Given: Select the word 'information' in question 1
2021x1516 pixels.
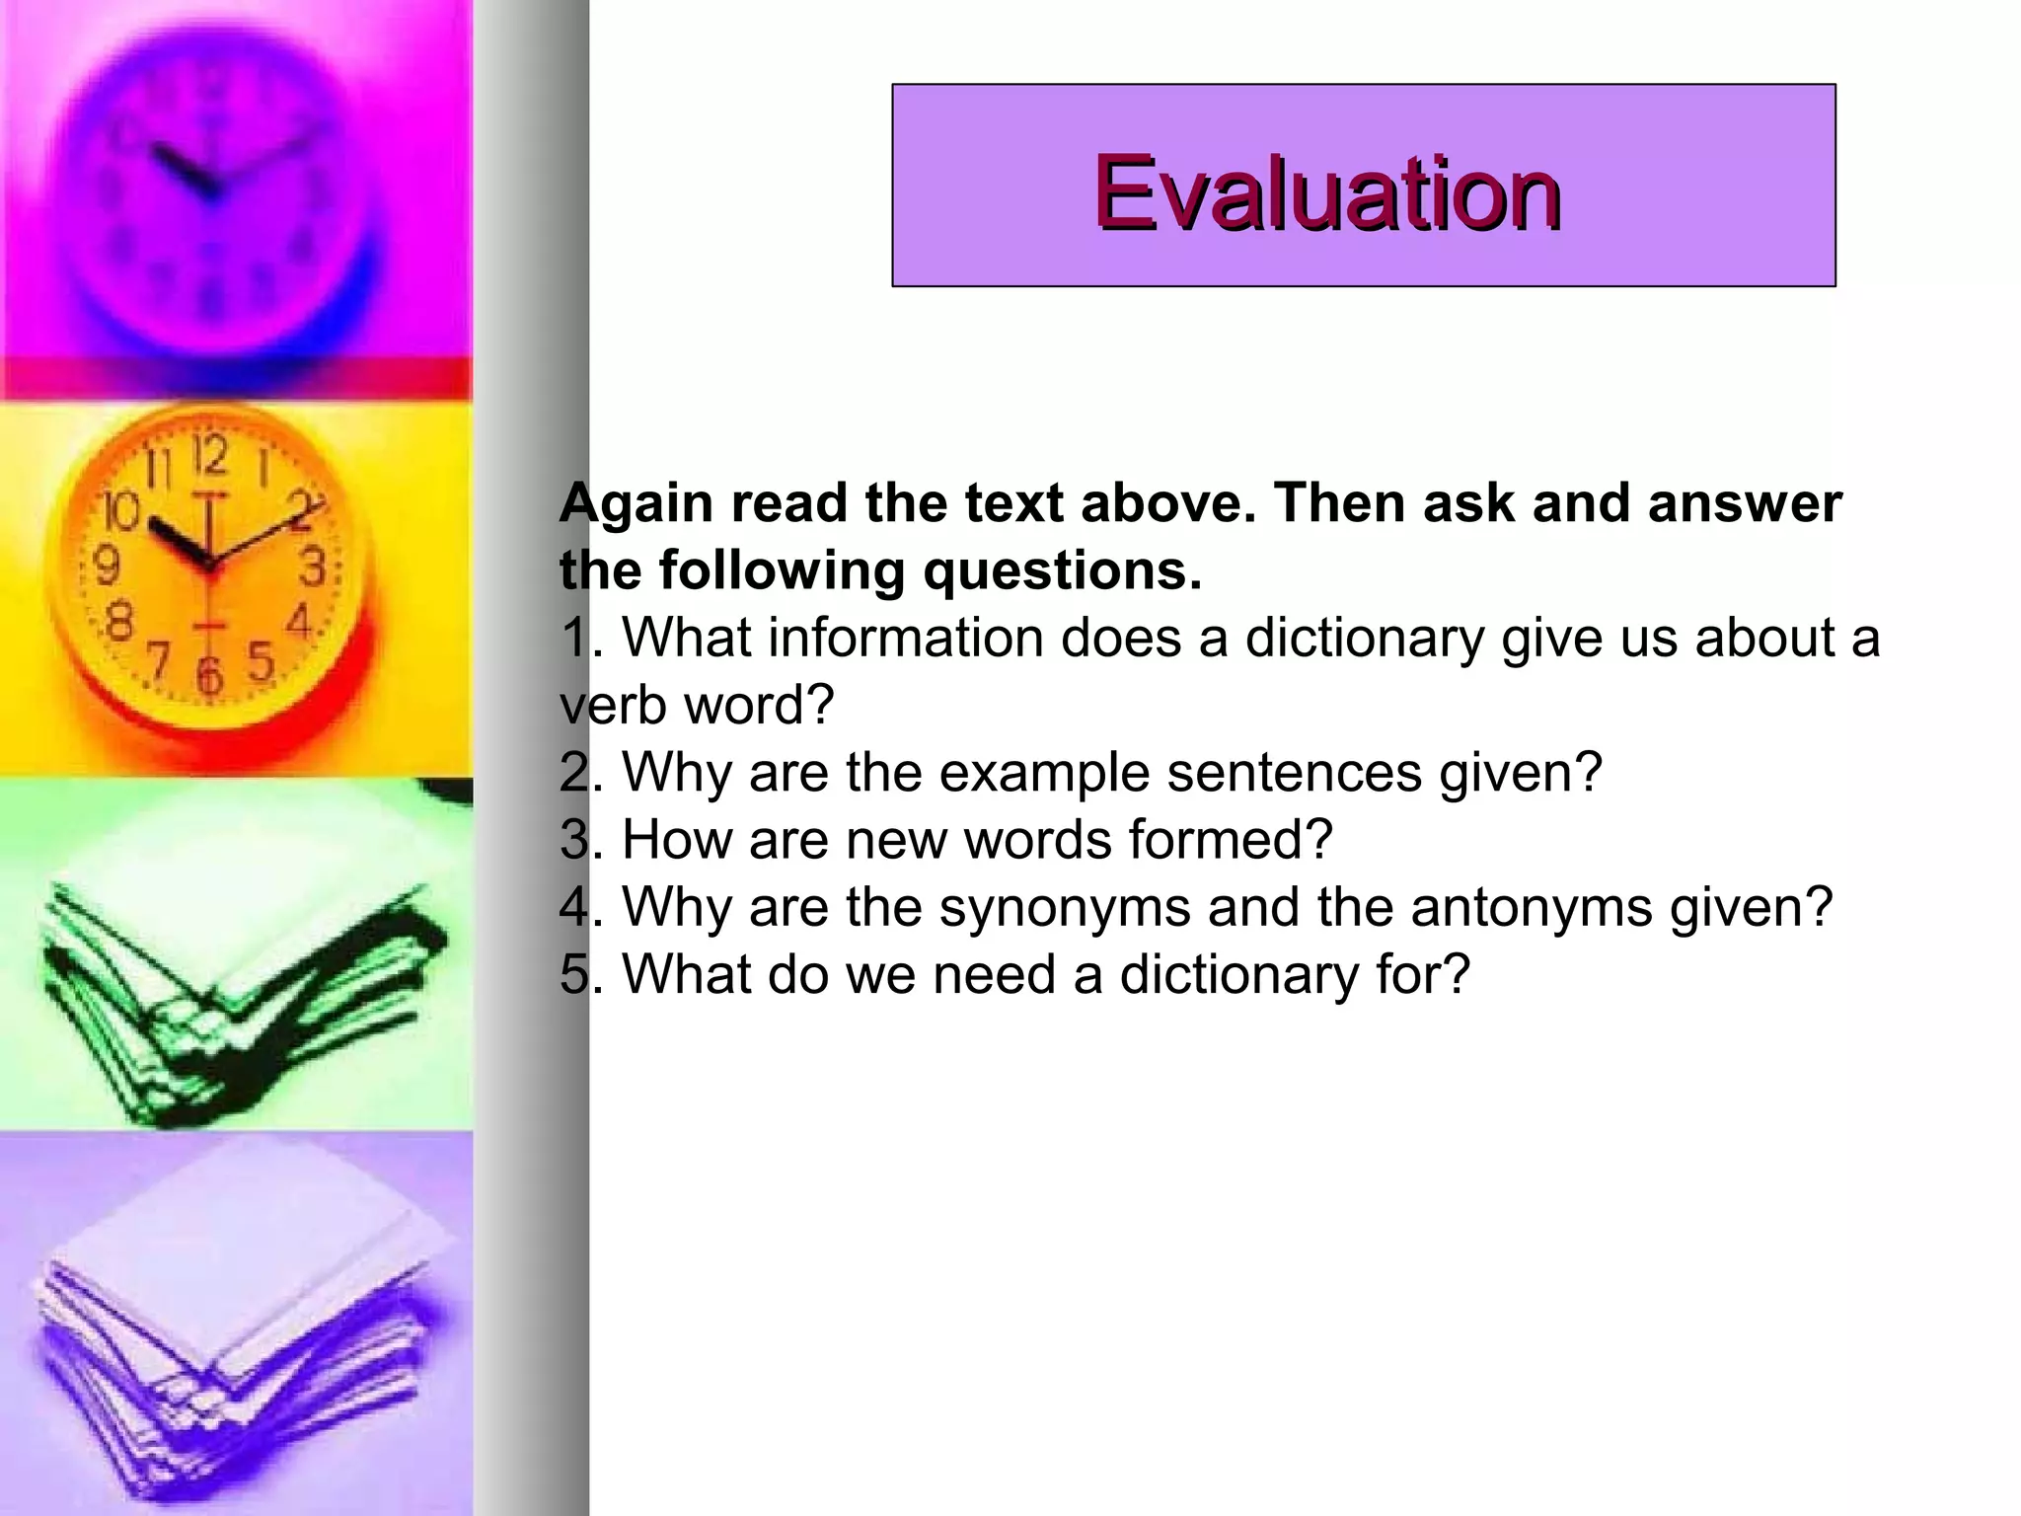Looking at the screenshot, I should (x=905, y=638).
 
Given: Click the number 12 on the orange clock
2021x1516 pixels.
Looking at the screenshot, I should (x=209, y=456).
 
